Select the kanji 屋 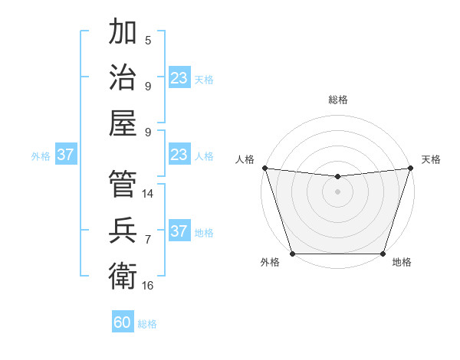[123, 122]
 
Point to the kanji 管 [123, 184]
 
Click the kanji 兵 [123, 229]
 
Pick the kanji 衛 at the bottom [123, 274]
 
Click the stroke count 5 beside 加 [148, 41]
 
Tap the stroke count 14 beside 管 [148, 194]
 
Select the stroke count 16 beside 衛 [148, 285]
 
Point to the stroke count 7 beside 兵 [148, 240]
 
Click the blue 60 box [123, 322]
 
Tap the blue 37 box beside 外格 [66, 155]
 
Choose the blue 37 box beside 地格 [179, 231]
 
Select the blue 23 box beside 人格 [179, 155]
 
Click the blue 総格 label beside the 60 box [147, 324]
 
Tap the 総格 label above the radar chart [337, 100]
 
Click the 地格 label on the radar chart [402, 263]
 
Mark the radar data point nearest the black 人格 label [264, 168]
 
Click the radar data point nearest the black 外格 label [292, 254]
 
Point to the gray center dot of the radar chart [337, 191]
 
